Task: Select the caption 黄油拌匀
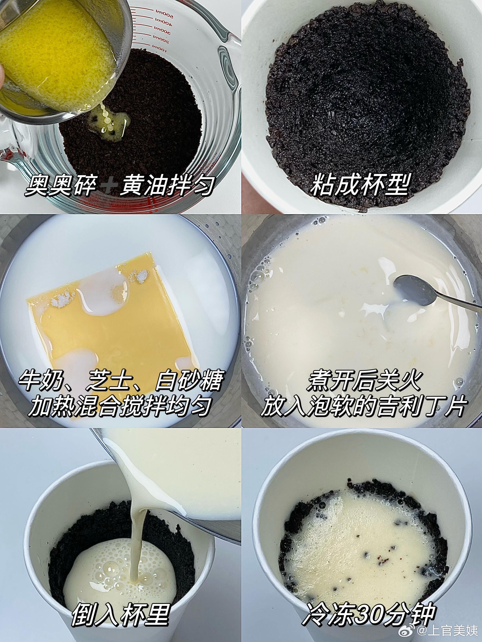click(x=167, y=186)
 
